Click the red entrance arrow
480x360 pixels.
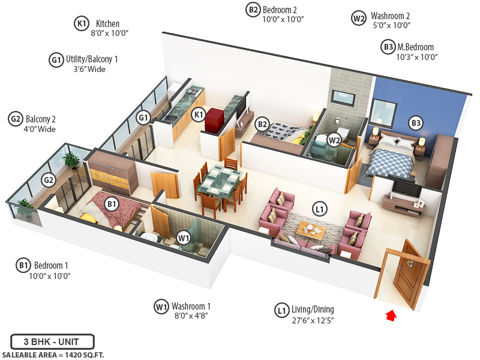pos(391,315)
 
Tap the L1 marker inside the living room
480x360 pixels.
pos(320,209)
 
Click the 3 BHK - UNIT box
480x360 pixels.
pos(52,342)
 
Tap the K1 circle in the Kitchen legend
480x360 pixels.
pos(81,23)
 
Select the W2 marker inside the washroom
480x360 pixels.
pos(334,140)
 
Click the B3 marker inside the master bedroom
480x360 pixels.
pos(416,123)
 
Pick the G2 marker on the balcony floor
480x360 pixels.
pos(49,179)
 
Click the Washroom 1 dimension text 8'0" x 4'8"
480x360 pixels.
pos(190,316)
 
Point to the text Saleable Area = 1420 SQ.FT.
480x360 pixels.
pos(52,355)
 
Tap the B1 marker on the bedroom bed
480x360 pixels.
pos(111,204)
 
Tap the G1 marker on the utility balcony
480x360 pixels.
pos(143,118)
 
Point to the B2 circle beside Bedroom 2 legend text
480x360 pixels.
pos(253,9)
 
